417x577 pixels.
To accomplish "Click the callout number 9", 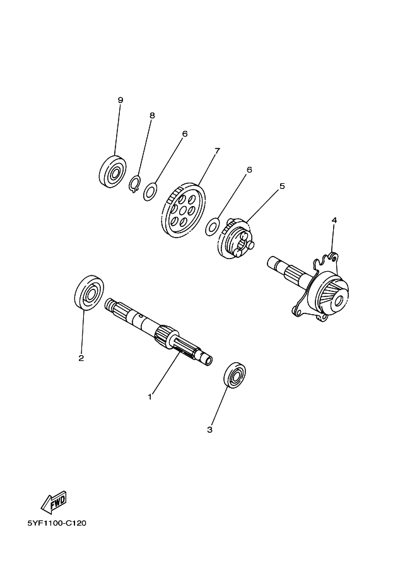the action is (120, 100).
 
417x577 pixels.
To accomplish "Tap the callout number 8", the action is (152, 115).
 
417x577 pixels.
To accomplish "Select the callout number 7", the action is (217, 150).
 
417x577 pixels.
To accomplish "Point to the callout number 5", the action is (282, 186).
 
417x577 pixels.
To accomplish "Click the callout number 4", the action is (334, 220).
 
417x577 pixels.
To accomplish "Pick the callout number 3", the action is (210, 430).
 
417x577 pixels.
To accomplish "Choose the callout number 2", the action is (81, 358).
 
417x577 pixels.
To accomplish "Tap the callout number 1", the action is (150, 397).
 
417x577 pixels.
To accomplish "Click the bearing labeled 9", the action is (113, 171).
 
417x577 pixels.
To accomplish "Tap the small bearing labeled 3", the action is (235, 375).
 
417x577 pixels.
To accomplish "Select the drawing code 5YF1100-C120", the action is (57, 523).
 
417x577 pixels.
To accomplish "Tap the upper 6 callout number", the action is (185, 133).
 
